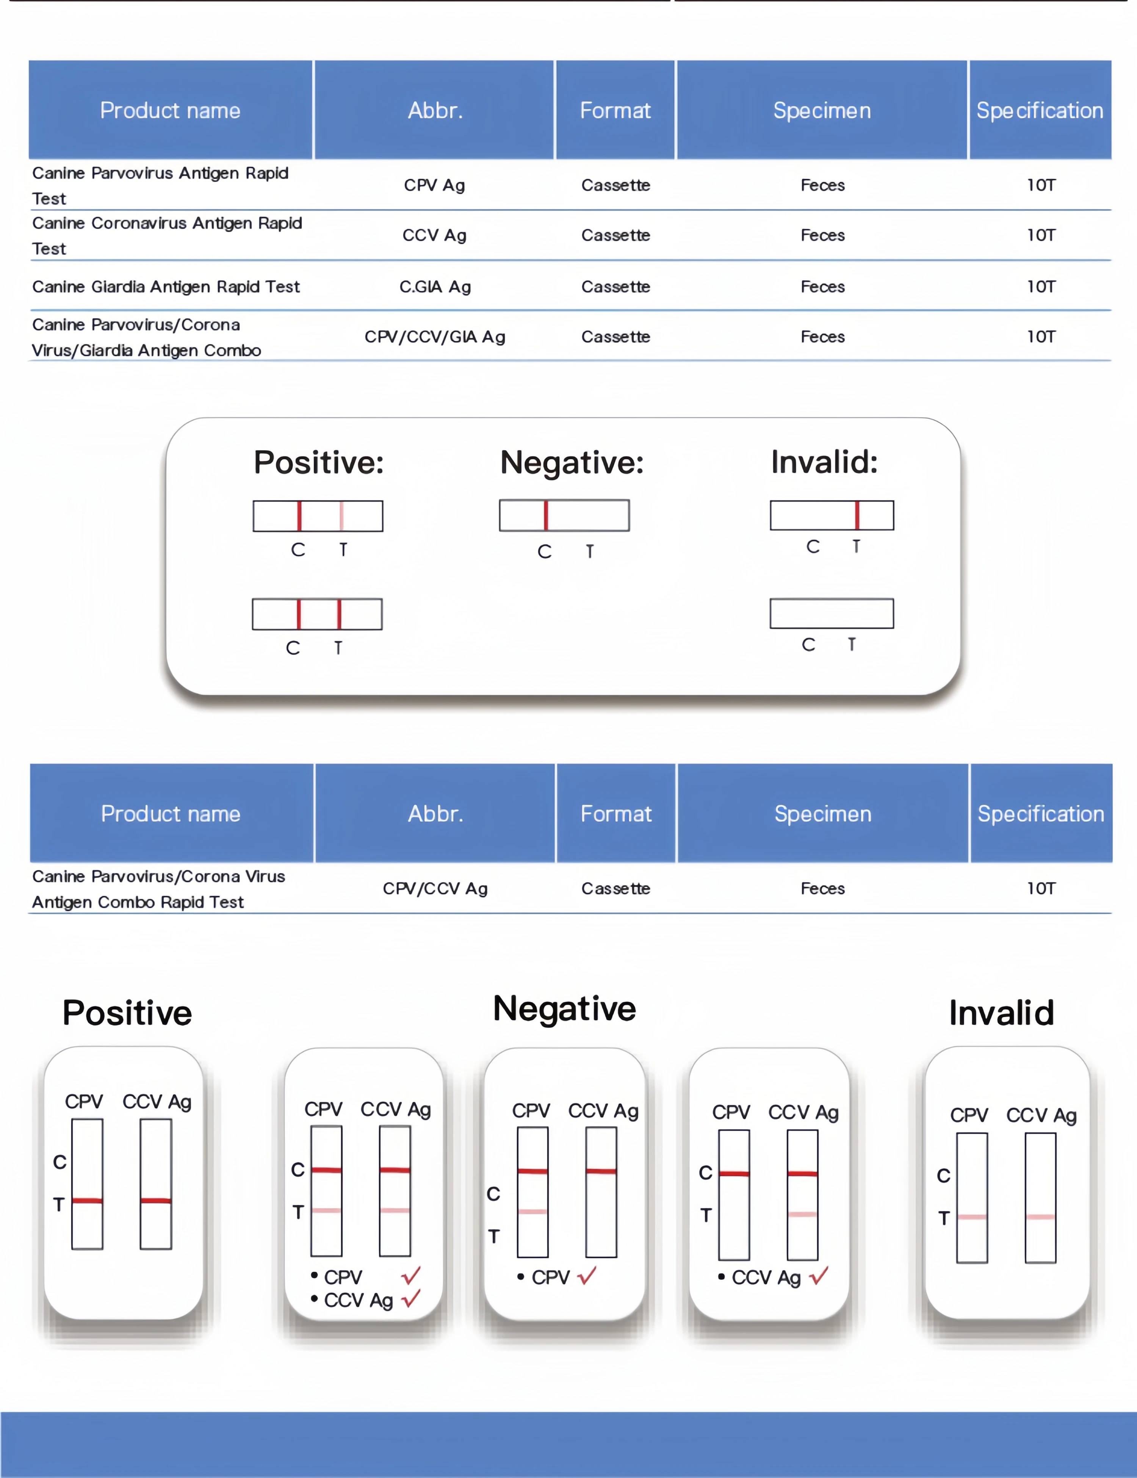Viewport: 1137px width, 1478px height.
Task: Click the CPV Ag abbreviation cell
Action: (434, 185)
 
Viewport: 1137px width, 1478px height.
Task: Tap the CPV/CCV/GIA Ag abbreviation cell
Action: (434, 337)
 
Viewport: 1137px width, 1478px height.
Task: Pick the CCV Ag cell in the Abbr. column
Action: (434, 235)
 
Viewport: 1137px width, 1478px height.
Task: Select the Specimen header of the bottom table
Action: (822, 813)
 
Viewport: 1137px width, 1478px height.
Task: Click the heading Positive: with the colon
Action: (319, 463)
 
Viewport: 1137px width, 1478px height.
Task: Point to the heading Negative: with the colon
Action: (572, 463)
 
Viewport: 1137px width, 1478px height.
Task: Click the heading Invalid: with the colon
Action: (824, 462)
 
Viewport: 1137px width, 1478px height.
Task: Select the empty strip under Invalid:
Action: (831, 613)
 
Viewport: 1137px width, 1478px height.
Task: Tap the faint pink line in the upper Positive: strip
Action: (341, 516)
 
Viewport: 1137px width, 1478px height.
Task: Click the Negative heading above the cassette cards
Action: (564, 1008)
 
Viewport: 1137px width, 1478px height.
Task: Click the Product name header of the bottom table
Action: (171, 813)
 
